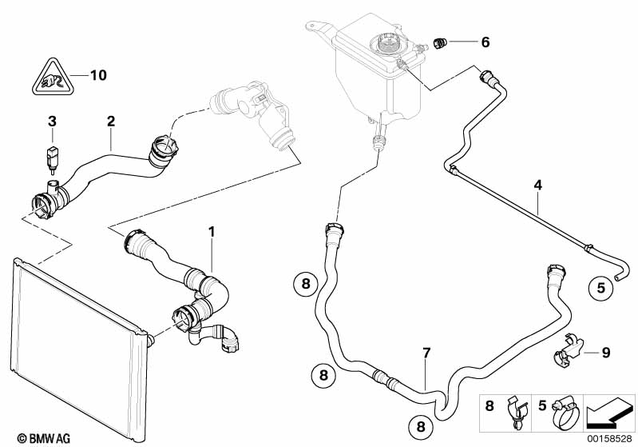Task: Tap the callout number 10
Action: (x=98, y=75)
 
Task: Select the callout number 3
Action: (x=52, y=121)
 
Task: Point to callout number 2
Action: (x=111, y=121)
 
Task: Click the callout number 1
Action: (x=211, y=232)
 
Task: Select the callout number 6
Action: (x=485, y=42)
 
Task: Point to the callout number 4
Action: (x=538, y=186)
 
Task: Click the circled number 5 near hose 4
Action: (x=601, y=288)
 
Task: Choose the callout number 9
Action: (x=606, y=353)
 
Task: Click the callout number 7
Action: (x=426, y=353)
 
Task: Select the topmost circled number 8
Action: (x=306, y=284)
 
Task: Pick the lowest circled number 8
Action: (x=421, y=427)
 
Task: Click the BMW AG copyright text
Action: (x=44, y=438)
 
